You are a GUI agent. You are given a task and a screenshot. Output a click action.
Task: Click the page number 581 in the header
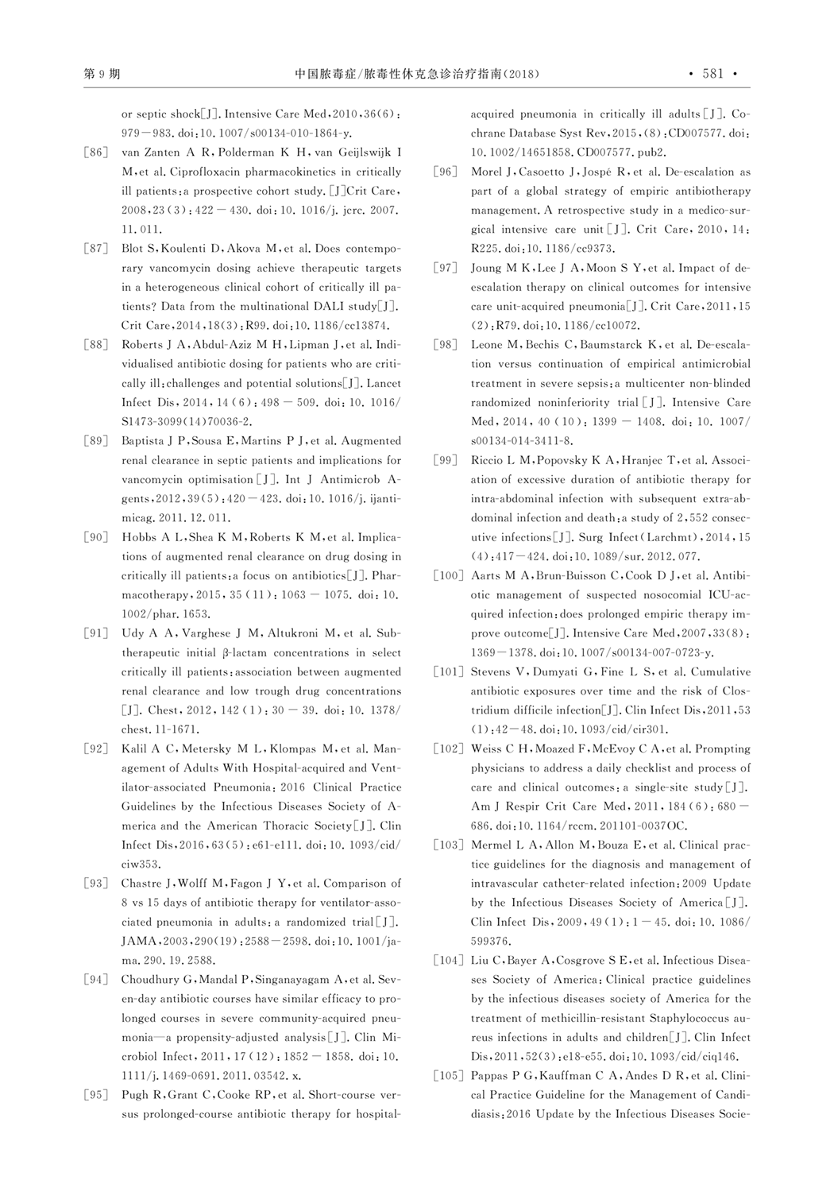(713, 74)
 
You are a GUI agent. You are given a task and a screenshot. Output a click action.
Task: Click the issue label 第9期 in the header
(102, 74)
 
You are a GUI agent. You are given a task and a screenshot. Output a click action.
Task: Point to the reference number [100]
(446, 575)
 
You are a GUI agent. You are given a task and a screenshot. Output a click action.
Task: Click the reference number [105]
(446, 1076)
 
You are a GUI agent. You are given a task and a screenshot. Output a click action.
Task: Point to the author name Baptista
(145, 441)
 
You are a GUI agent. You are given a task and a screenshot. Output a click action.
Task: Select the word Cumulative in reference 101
(720, 671)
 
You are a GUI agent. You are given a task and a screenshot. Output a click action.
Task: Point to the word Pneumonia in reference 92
(243, 787)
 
